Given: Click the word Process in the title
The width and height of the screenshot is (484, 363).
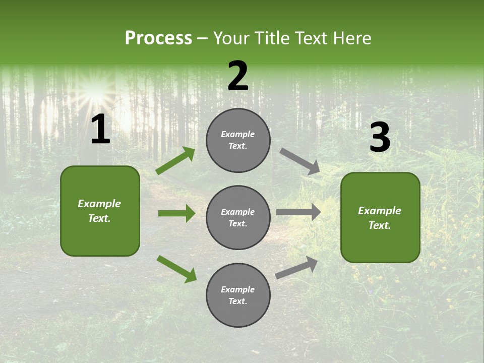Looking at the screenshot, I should (x=158, y=38).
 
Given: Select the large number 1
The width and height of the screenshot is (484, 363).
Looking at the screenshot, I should (x=100, y=130).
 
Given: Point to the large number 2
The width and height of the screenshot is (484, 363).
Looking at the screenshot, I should (x=238, y=76).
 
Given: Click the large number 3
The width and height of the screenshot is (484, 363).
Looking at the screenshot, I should (x=380, y=137).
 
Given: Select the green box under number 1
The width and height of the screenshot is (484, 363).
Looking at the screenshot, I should (x=100, y=211).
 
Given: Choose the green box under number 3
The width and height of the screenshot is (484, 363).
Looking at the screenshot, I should (x=380, y=218).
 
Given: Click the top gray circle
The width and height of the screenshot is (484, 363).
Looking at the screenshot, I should (x=238, y=140).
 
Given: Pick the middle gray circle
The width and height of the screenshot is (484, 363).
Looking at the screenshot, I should (x=238, y=218).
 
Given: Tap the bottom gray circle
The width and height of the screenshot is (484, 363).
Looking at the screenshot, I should (x=238, y=295).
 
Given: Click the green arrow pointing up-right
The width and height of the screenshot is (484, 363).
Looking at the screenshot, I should (x=175, y=161).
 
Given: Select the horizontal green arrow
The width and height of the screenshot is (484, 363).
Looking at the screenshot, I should (x=176, y=213).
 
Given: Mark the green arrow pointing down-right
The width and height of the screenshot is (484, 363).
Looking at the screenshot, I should (x=177, y=269).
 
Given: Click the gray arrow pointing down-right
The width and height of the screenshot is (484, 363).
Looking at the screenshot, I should (x=300, y=161).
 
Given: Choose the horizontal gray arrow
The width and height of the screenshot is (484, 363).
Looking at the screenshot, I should (x=298, y=212).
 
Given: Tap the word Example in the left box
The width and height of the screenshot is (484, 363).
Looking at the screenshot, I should (x=99, y=204).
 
